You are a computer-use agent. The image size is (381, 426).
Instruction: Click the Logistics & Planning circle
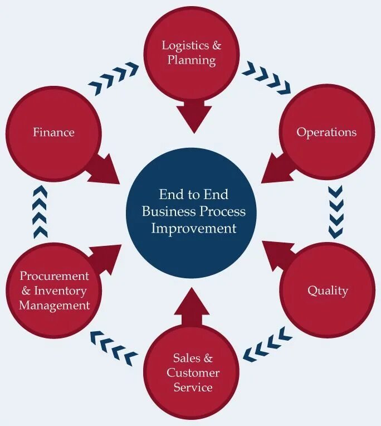192,53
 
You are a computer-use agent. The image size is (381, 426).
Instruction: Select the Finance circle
53,133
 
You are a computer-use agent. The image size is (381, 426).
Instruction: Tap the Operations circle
326,133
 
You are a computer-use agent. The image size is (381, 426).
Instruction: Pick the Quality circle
328,291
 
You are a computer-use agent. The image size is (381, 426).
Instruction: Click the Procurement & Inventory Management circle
54,291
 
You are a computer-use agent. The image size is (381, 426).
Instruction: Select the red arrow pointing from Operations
279,168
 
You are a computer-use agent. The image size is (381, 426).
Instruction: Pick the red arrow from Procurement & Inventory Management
106,257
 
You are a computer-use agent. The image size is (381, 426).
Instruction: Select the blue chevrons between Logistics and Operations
266,78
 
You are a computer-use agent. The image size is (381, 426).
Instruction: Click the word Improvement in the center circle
194,228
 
